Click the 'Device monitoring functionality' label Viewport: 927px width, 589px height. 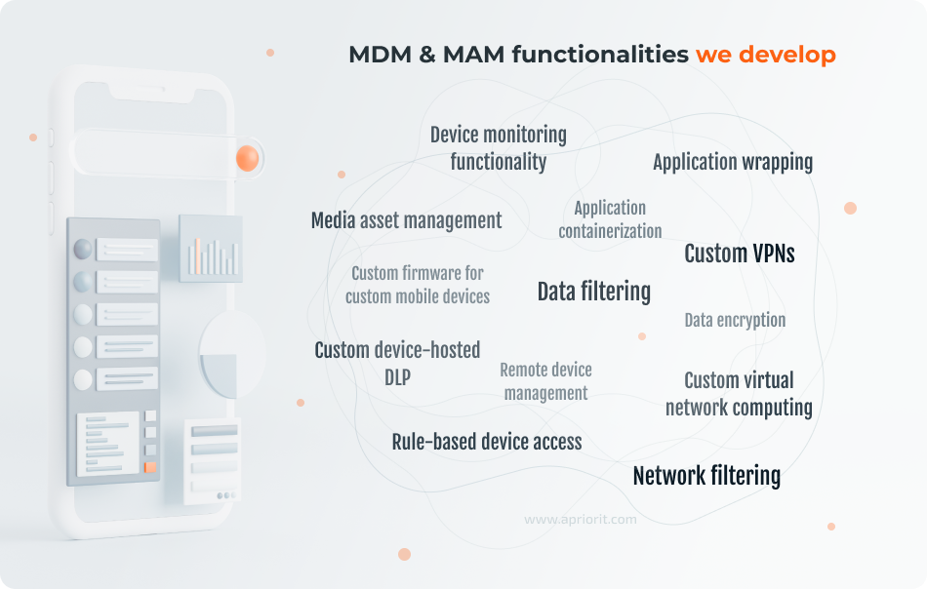498,148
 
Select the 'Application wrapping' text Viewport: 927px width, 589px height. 732,162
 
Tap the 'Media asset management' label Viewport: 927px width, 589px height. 406,220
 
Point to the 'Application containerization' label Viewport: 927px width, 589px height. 610,219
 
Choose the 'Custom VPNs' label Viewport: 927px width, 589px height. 739,254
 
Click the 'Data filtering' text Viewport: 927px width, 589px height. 593,291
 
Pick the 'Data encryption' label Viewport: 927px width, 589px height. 734,320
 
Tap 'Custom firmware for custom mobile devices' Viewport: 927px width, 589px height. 418,285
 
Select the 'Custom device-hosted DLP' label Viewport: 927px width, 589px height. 397,363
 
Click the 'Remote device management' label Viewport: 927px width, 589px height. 545,381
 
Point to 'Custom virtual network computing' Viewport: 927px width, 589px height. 739,393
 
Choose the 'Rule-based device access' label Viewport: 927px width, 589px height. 486,442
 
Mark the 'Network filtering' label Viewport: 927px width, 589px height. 705,476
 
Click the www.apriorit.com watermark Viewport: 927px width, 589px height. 580,520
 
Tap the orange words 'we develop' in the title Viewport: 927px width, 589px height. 765,55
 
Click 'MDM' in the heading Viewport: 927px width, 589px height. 380,55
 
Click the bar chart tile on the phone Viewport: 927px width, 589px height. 211,249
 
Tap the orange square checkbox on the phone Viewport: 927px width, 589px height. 149,467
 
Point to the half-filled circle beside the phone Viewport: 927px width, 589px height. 231,354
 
